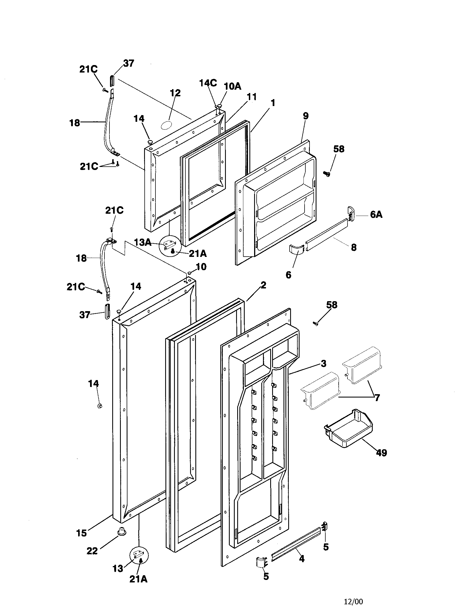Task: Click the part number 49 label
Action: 381,453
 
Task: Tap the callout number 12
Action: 175,93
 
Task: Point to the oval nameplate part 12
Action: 167,125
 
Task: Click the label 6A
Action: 376,215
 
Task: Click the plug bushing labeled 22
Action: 121,531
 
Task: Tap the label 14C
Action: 208,83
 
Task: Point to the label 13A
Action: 143,242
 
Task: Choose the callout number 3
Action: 323,363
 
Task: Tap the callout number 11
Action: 252,97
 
